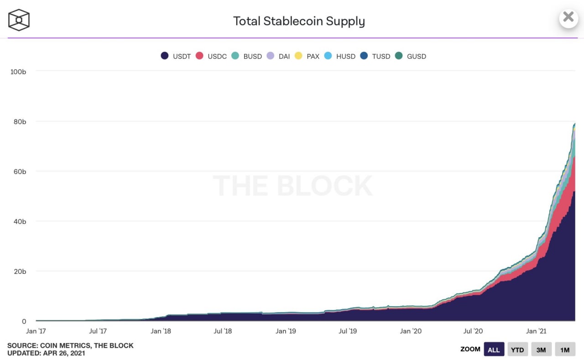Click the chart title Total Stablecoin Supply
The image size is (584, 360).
[299, 21]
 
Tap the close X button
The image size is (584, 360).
[568, 17]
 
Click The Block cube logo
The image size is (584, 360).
[19, 20]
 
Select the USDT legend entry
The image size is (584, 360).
[176, 56]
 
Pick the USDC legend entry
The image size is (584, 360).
[211, 56]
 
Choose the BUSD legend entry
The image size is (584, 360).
[247, 56]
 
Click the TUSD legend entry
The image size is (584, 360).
[375, 56]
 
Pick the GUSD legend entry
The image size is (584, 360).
[411, 56]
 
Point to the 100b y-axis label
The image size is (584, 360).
[18, 72]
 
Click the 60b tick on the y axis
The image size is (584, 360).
[19, 172]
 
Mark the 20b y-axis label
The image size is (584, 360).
[19, 271]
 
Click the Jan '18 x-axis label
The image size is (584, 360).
[161, 331]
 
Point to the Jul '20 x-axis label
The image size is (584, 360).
[473, 331]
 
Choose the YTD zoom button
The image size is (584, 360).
[517, 350]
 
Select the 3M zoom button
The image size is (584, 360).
[541, 350]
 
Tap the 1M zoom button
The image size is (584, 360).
[565, 350]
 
